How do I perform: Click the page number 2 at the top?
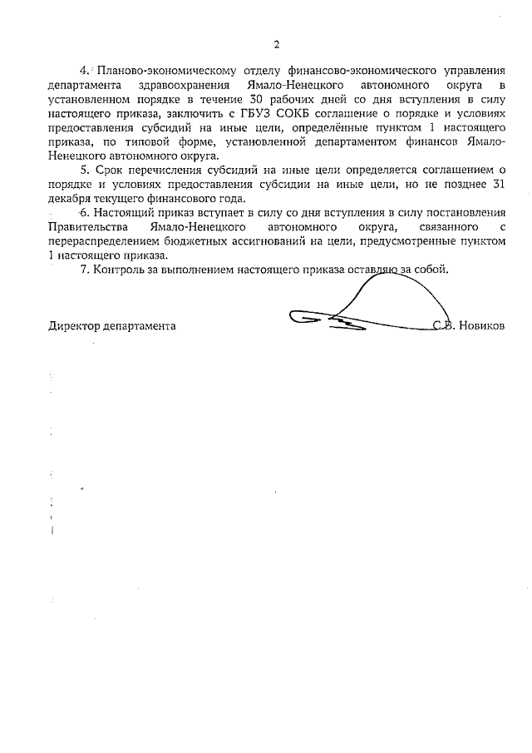[x=277, y=44]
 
